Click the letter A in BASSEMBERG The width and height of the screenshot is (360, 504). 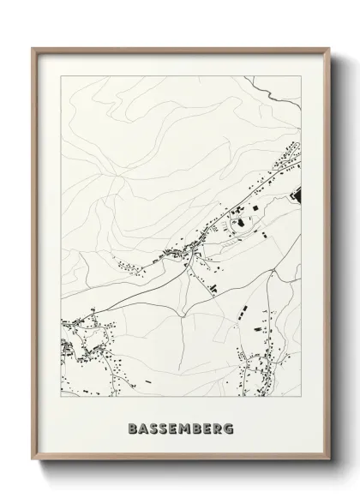pyautogui.click(x=141, y=427)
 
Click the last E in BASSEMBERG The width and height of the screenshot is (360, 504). pyautogui.click(x=210, y=427)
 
